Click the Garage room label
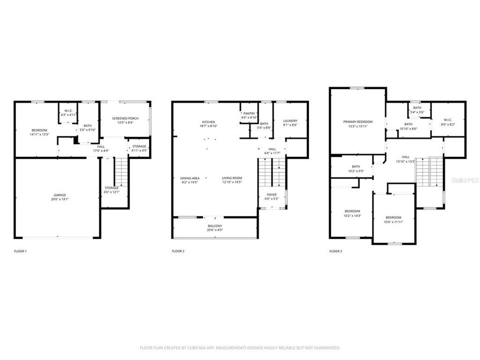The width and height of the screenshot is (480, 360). (x=60, y=195)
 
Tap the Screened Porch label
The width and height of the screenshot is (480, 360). (x=125, y=118)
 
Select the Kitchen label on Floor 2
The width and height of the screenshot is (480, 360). (x=208, y=121)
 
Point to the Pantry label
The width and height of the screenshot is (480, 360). (x=248, y=113)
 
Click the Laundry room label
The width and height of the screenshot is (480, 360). (x=290, y=120)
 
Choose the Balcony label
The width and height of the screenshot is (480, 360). (x=214, y=226)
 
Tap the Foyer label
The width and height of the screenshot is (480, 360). (x=271, y=194)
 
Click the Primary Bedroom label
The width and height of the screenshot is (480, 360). (x=357, y=121)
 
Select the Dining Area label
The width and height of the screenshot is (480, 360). (x=190, y=178)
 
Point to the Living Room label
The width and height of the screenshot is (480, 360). (x=232, y=178)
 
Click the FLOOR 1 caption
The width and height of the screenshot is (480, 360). (x=20, y=251)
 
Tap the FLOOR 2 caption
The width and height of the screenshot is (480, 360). (x=178, y=251)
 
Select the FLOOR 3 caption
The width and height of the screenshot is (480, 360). (x=335, y=251)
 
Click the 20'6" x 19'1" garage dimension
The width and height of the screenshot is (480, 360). (x=60, y=199)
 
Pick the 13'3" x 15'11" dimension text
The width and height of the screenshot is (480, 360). (x=357, y=126)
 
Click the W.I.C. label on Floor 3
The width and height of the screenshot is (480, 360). (x=447, y=119)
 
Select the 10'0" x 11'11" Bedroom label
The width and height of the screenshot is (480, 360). (x=393, y=217)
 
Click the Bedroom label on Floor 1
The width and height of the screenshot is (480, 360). (x=39, y=130)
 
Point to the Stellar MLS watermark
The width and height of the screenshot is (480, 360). (x=465, y=178)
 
